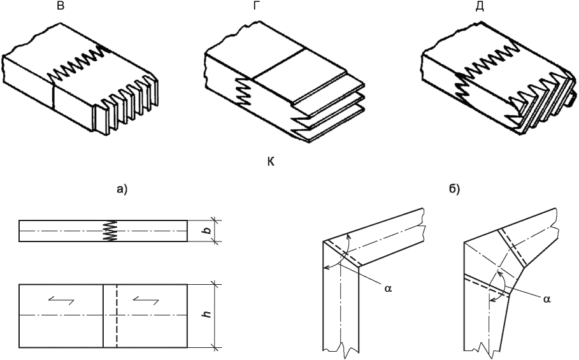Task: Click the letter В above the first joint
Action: (61, 6)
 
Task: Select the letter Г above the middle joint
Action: (255, 6)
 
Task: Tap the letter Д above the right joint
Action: (479, 6)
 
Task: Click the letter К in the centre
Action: (271, 162)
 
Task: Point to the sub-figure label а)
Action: (122, 189)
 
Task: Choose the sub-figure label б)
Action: (454, 189)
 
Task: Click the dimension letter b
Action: (208, 231)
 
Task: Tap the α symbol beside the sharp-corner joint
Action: (388, 289)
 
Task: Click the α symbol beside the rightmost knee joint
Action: (547, 299)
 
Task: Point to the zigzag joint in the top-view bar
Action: (110, 231)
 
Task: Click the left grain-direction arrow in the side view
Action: (61, 301)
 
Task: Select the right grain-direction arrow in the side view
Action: (147, 301)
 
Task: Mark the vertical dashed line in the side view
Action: (117, 315)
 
